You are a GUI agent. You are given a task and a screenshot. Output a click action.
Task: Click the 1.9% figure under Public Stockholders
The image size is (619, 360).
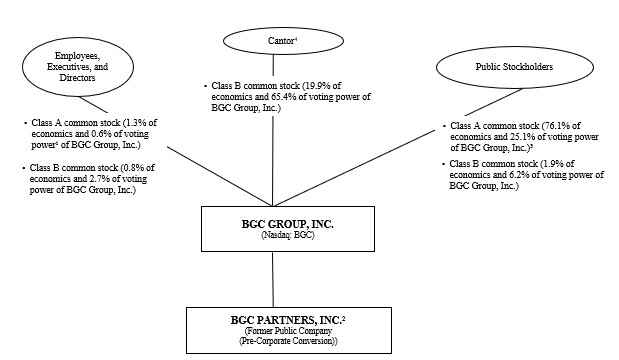tap(544, 163)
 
